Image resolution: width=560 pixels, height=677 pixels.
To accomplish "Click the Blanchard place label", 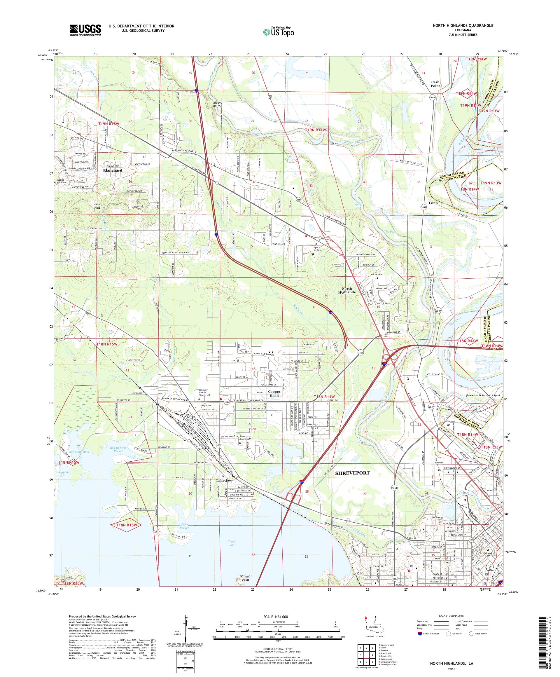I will point(113,170).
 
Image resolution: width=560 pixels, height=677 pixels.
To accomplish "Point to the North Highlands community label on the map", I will point(346,290).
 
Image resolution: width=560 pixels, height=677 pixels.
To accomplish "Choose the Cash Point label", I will point(435,84).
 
